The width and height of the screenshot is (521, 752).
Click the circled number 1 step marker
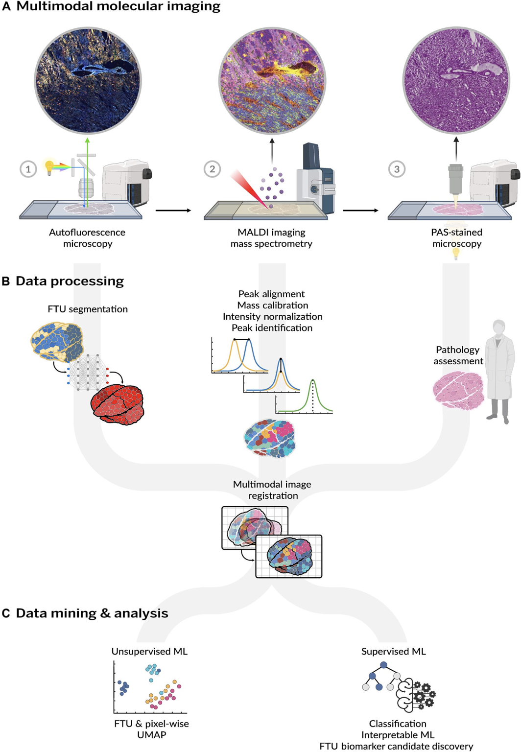(28, 169)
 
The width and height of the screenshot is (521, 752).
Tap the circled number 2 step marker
(212, 169)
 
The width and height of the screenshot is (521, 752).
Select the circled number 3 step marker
(397, 169)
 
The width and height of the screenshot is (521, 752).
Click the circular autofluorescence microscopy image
(88, 80)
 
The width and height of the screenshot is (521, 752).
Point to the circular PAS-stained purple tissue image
(456, 80)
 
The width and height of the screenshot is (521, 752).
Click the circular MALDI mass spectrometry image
(272, 80)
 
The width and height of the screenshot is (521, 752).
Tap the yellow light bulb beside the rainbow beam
(49, 167)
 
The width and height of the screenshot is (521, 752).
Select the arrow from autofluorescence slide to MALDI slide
(173, 211)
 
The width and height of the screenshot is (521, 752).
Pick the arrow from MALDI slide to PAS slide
(360, 211)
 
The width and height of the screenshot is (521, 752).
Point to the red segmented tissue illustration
(118, 404)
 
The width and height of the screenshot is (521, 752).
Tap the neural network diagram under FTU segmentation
(88, 372)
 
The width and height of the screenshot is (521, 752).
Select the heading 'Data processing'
(70, 281)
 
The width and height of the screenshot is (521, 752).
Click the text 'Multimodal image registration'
(272, 490)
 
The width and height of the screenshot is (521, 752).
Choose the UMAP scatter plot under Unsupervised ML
(150, 687)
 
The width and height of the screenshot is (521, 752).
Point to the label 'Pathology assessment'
(458, 355)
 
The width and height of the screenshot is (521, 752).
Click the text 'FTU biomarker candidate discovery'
(396, 746)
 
